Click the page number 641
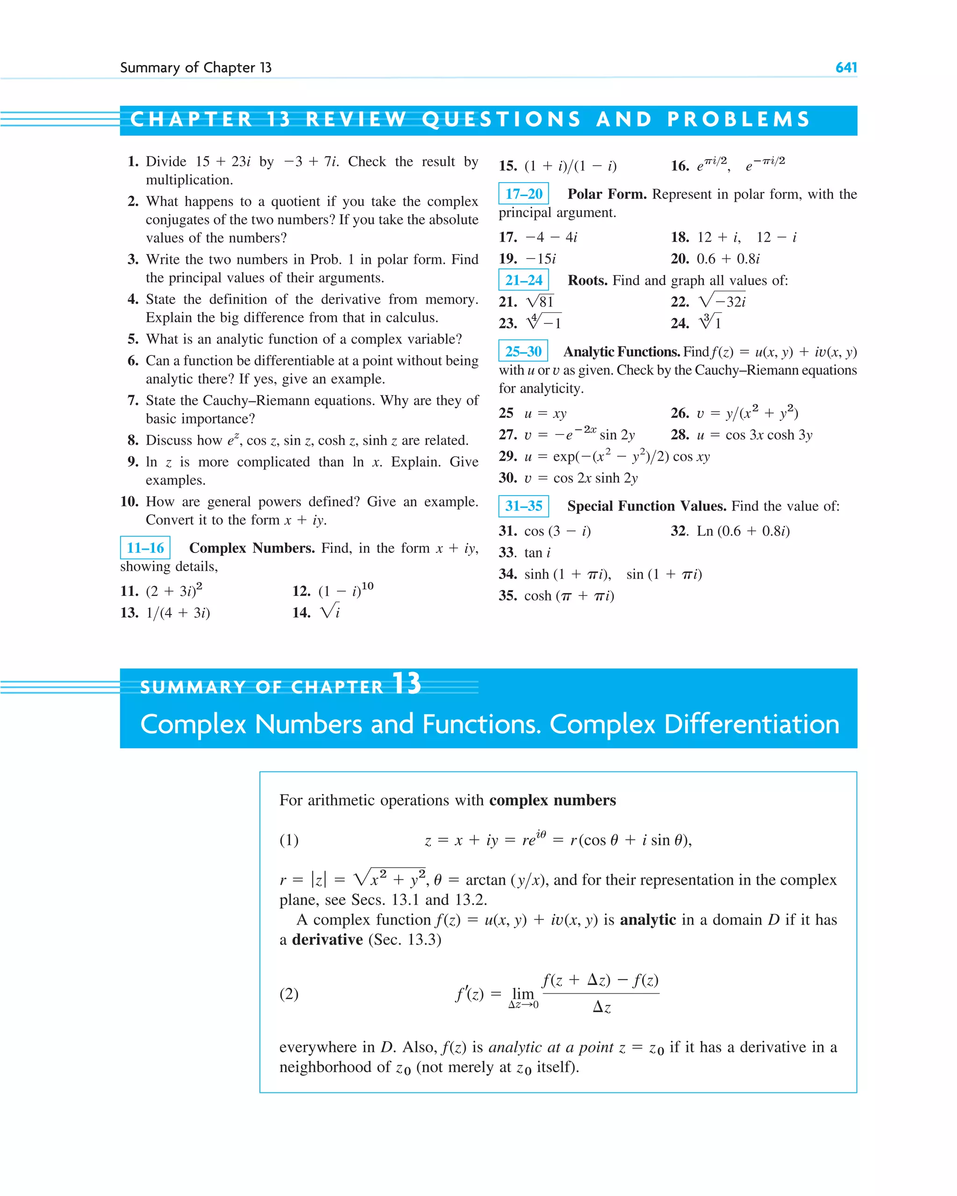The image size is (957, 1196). (845, 68)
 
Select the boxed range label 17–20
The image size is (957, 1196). (523, 194)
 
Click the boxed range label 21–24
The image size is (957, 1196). (523, 280)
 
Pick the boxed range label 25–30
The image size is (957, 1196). (523, 351)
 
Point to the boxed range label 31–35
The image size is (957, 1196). (523, 506)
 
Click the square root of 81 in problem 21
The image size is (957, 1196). (540, 301)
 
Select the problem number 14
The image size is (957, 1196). (301, 612)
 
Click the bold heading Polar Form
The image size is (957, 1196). (607, 194)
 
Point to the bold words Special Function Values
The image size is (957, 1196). (646, 506)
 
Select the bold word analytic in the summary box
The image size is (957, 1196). (647, 920)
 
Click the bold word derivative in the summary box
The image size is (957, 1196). (327, 940)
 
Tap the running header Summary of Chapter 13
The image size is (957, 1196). (195, 68)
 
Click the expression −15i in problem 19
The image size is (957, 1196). (540, 259)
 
